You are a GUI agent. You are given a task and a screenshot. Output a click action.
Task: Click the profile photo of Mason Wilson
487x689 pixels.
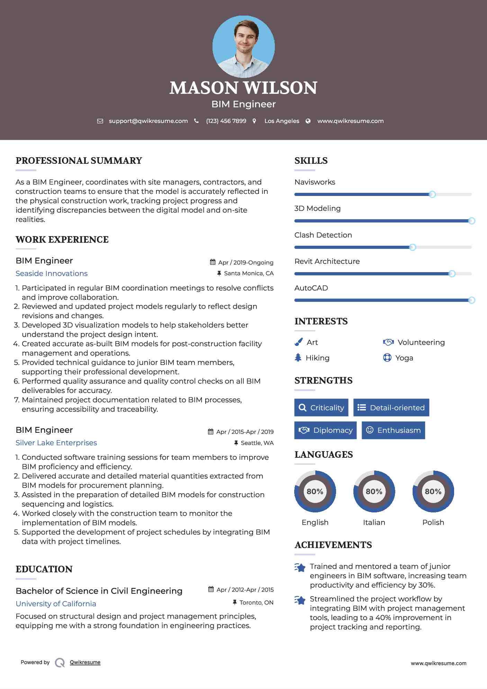pyautogui.click(x=243, y=46)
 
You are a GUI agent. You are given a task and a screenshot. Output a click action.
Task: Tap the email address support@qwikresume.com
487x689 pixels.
pyautogui.click(x=148, y=121)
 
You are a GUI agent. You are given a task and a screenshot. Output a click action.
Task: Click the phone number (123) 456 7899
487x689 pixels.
pyautogui.click(x=226, y=121)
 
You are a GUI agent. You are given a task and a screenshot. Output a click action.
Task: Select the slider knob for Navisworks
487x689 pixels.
pyautogui.click(x=432, y=194)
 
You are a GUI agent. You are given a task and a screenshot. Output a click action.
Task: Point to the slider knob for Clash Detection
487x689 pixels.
pyautogui.click(x=412, y=247)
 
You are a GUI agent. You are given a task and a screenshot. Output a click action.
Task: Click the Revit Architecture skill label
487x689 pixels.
pyautogui.click(x=327, y=261)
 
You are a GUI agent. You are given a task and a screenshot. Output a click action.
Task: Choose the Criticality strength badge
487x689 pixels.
pyautogui.click(x=321, y=408)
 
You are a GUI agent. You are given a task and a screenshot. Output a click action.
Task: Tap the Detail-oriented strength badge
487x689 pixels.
pyautogui.click(x=391, y=408)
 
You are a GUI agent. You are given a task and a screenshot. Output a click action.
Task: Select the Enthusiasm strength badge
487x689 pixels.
pyautogui.click(x=393, y=430)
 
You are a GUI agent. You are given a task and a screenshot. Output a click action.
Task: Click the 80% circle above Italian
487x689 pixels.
pyautogui.click(x=374, y=491)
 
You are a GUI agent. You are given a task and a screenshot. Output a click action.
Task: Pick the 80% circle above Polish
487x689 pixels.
pyautogui.click(x=433, y=491)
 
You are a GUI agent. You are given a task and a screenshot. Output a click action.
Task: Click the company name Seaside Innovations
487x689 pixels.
pyautogui.click(x=52, y=274)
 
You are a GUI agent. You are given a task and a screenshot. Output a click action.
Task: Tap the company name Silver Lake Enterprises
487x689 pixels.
pyautogui.click(x=56, y=443)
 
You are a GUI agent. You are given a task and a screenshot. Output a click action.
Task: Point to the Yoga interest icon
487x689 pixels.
pyautogui.click(x=387, y=358)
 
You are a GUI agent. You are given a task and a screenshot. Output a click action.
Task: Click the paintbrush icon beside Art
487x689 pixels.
pyautogui.click(x=298, y=342)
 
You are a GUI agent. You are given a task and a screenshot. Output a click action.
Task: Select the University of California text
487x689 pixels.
pyautogui.click(x=56, y=604)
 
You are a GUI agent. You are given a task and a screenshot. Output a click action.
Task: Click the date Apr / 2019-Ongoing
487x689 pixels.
pyautogui.click(x=246, y=262)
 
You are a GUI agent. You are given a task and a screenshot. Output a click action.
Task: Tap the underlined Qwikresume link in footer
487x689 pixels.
pyautogui.click(x=85, y=662)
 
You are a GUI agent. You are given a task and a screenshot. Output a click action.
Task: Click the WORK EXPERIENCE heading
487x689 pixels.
pyautogui.click(x=62, y=240)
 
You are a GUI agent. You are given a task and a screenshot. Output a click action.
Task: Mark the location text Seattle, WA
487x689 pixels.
pyautogui.click(x=257, y=443)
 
